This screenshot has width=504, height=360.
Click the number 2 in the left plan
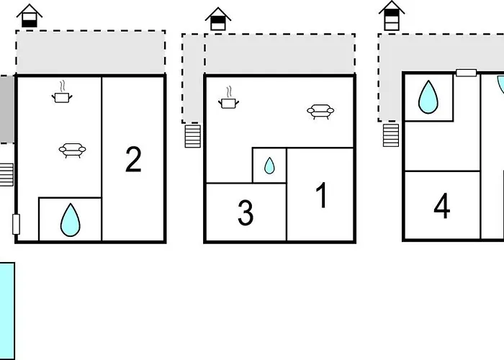pyautogui.click(x=133, y=160)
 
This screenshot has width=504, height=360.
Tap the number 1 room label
pyautogui.click(x=321, y=196)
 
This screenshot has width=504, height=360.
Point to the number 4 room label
pyautogui.click(x=442, y=206)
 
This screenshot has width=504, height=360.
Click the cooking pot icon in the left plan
pyautogui.click(x=62, y=94)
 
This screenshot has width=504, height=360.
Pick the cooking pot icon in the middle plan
pyautogui.click(x=229, y=101)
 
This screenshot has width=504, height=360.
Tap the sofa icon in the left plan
pyautogui.click(x=72, y=150)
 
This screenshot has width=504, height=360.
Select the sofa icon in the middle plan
pyautogui.click(x=320, y=111)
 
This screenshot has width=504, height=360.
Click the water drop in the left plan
pyautogui.click(x=70, y=220)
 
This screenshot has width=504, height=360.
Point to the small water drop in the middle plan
pyautogui.click(x=269, y=166)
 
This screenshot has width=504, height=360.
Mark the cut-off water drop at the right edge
pyautogui.click(x=500, y=85)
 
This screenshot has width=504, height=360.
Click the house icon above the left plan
pyautogui.click(x=30, y=16)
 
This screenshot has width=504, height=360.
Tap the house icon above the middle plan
pyautogui.click(x=218, y=19)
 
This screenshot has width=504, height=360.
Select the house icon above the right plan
pyautogui.click(x=391, y=16)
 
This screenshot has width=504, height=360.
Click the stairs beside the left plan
pyautogui.click(x=6, y=175)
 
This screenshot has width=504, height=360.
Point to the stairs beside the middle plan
pyautogui.click(x=192, y=135)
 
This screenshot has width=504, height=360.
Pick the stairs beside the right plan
pyautogui.click(x=390, y=134)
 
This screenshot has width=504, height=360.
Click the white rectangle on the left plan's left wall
pyautogui.click(x=16, y=224)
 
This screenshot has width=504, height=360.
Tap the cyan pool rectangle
pyautogui.click(x=6, y=311)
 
